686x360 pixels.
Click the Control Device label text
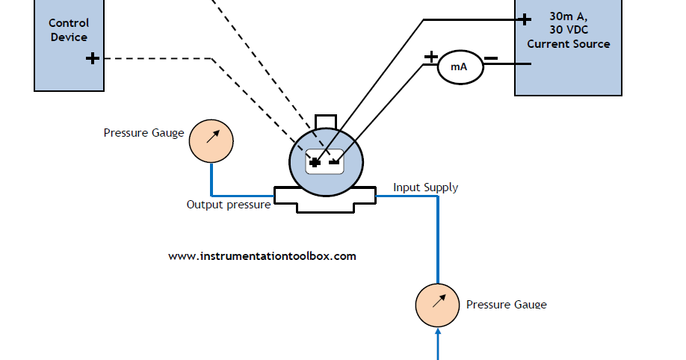click(69, 31)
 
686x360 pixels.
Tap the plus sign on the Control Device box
click(93, 58)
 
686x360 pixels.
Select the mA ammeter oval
click(458, 67)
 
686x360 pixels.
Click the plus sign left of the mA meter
click(431, 56)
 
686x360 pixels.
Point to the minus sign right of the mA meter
click(491, 58)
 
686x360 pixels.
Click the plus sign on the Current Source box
click(525, 19)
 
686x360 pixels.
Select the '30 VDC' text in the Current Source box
click(568, 30)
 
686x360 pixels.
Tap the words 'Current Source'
click(568, 43)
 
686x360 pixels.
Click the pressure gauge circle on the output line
click(211, 140)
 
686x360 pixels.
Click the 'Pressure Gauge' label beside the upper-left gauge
click(143, 133)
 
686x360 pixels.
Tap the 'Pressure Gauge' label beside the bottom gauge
click(506, 305)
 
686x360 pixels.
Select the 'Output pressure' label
click(228, 205)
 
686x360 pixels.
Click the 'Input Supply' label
click(425, 187)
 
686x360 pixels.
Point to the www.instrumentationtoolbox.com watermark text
click(262, 255)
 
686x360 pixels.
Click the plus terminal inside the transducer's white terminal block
click(315, 161)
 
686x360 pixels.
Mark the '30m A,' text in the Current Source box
click(568, 16)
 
